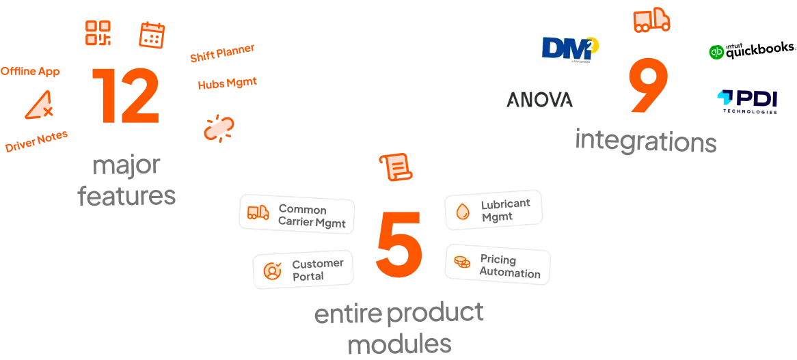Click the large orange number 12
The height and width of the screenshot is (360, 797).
[x=125, y=96]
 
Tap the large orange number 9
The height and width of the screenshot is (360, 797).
[x=647, y=86]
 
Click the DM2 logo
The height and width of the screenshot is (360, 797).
[x=571, y=51]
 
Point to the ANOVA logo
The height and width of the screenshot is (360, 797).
[x=541, y=99]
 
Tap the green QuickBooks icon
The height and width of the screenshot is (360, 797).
[x=716, y=51]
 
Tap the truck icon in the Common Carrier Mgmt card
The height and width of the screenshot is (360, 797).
[x=258, y=213]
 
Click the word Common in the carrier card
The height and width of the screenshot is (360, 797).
[x=303, y=209]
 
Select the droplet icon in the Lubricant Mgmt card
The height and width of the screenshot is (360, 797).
[x=463, y=212]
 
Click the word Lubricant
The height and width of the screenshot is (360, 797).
[x=505, y=204]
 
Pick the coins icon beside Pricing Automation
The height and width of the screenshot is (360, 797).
[x=462, y=262]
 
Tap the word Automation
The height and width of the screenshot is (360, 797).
[x=509, y=273]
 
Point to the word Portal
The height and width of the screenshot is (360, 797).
[x=308, y=277]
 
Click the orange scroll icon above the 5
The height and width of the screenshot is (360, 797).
[x=396, y=167]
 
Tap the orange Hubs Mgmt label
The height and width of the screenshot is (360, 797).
[x=227, y=83]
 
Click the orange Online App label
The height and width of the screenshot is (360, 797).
[x=30, y=71]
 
